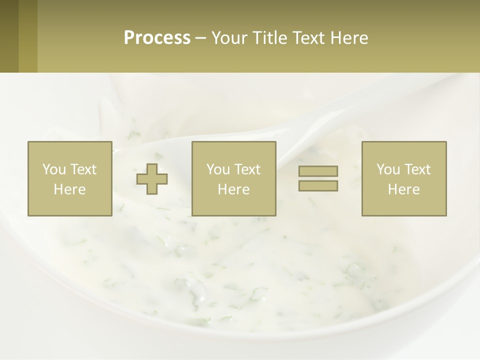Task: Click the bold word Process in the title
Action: pyautogui.click(x=157, y=38)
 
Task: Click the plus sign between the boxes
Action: pyautogui.click(x=152, y=179)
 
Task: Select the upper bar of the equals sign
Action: pyautogui.click(x=318, y=171)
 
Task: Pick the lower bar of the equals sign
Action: pyautogui.click(x=318, y=185)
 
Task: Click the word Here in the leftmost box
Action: pyautogui.click(x=70, y=189)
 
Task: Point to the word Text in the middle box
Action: pyautogui.click(x=247, y=169)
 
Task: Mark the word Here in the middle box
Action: pyautogui.click(x=234, y=189)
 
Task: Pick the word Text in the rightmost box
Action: pyautogui.click(x=417, y=169)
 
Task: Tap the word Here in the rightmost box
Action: pyautogui.click(x=404, y=189)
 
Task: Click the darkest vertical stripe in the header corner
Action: pyautogui.click(x=9, y=36)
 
